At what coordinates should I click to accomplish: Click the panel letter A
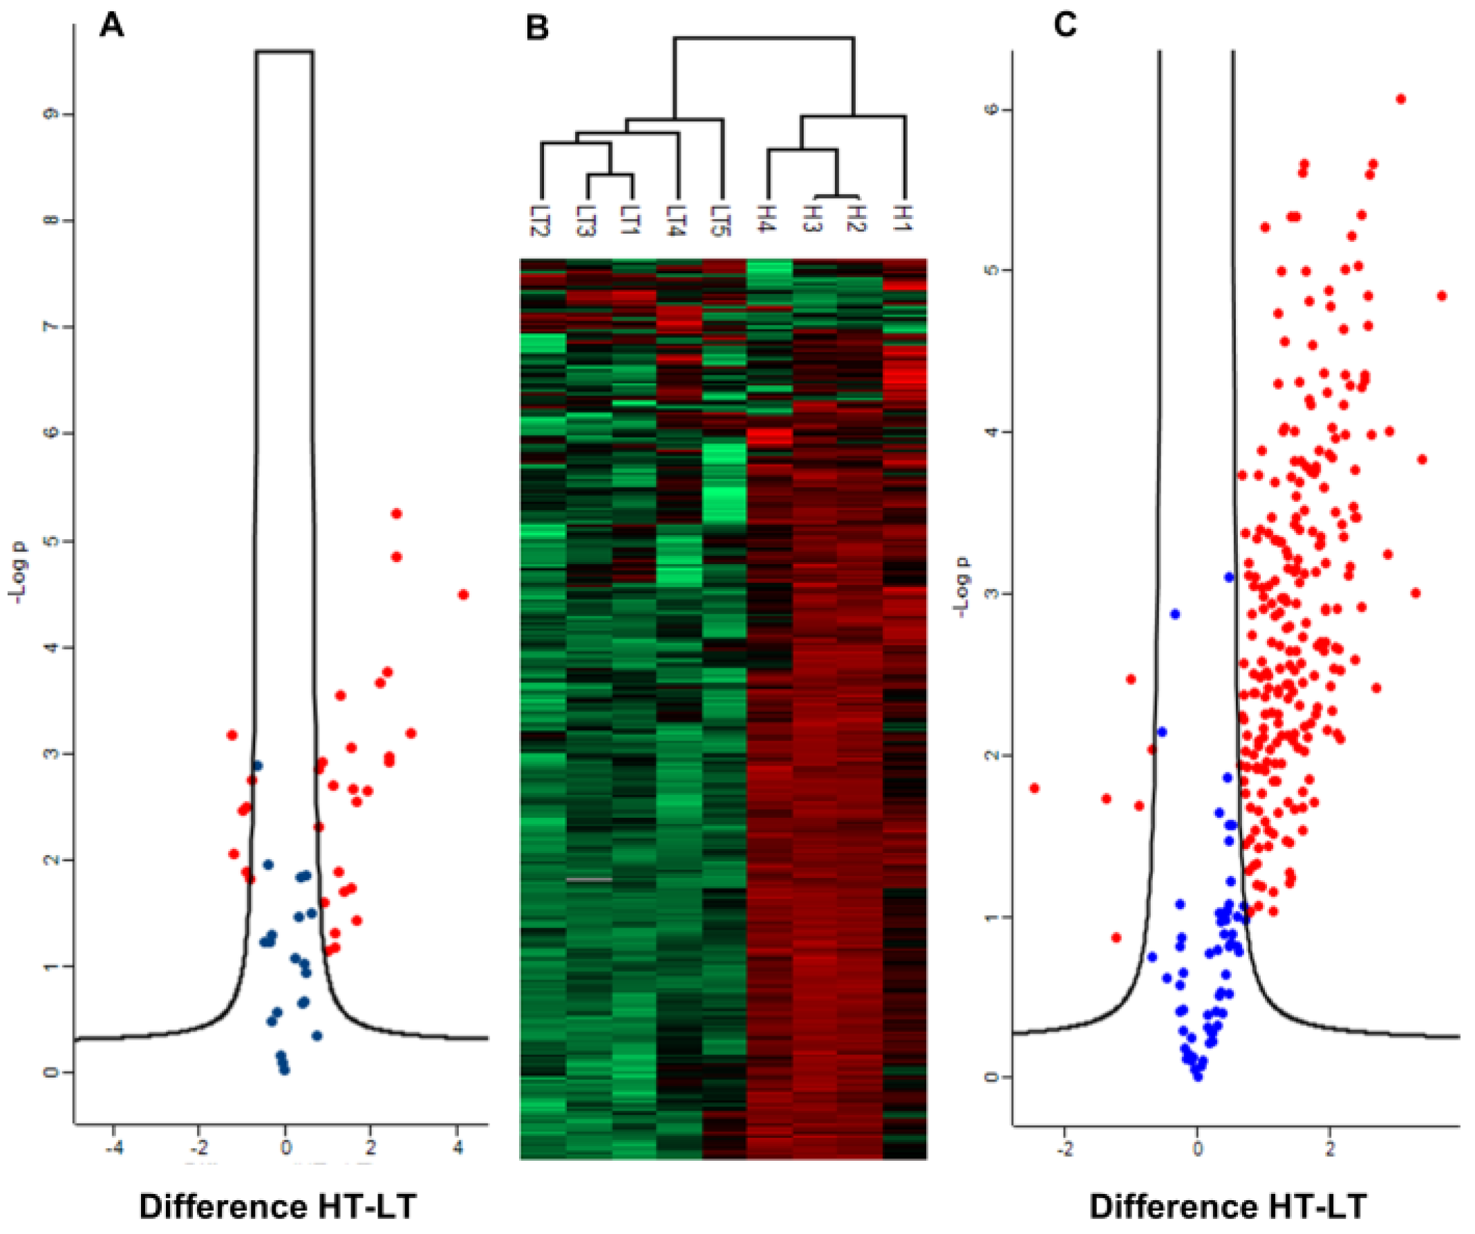[112, 27]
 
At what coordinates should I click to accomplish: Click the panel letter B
[537, 29]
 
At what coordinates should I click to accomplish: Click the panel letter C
[1065, 26]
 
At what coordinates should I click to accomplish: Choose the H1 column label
[905, 218]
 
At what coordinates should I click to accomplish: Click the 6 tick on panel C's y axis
[991, 109]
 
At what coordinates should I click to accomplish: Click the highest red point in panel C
[1400, 99]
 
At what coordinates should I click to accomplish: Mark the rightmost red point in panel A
[463, 595]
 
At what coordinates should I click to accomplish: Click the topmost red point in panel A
[396, 514]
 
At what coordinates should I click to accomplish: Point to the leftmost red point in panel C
[1034, 788]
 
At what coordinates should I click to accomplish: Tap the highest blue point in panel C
[1229, 577]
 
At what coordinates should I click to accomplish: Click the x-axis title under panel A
[277, 1206]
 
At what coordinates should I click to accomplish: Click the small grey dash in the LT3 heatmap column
[589, 879]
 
